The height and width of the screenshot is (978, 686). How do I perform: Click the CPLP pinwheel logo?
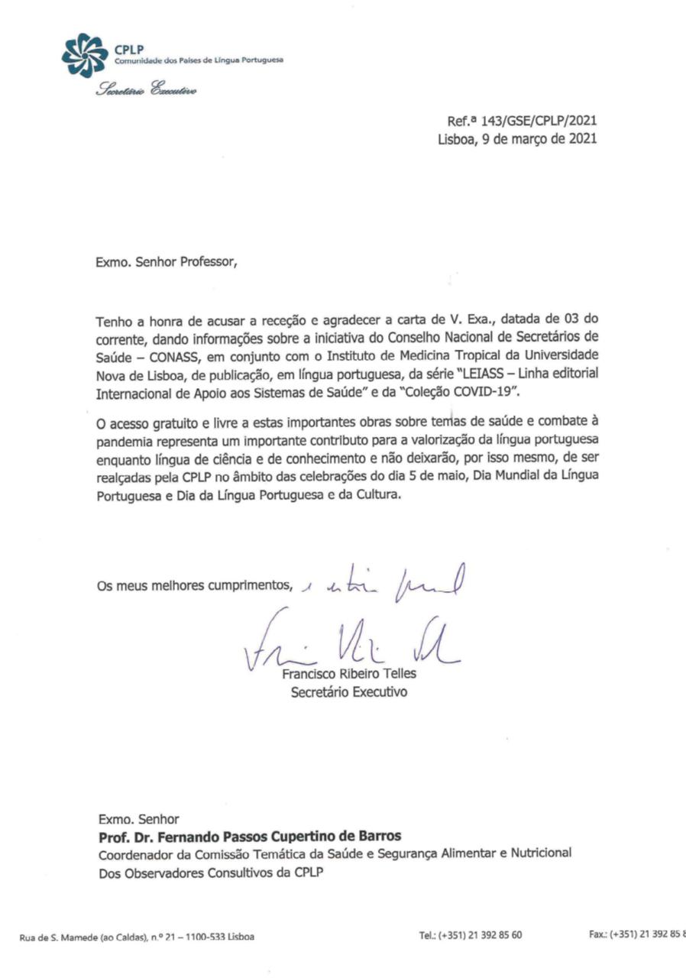pos(85,56)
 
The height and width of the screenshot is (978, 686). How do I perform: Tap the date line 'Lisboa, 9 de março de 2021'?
pos(517,139)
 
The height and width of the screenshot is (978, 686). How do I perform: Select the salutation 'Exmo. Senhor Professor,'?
pos(167,262)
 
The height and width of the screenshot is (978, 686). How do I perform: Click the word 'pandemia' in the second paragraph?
pos(120,442)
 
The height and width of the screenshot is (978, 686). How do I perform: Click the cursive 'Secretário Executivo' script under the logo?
pos(146,90)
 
